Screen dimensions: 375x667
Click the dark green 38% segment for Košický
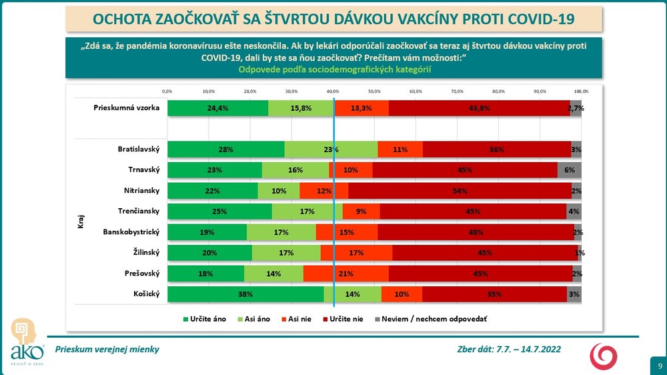tap(245, 294)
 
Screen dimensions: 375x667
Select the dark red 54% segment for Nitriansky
tap(460, 191)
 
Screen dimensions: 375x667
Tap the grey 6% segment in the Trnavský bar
tap(569, 170)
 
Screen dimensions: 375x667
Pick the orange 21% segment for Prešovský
tap(346, 274)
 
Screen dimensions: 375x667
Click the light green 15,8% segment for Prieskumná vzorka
tap(301, 108)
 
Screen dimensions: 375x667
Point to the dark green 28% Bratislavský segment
tap(225, 149)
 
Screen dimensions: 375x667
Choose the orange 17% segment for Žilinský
tap(356, 253)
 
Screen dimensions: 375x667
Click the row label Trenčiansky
tap(137, 212)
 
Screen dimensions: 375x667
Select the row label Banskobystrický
tap(131, 232)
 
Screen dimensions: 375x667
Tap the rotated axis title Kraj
tap(81, 222)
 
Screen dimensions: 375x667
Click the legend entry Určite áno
tap(205, 319)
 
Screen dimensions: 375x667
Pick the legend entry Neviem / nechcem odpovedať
tap(434, 319)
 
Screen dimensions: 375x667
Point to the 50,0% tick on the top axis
tap(374, 91)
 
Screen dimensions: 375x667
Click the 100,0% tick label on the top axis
tap(580, 91)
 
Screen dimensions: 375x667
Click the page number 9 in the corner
tap(660, 366)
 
